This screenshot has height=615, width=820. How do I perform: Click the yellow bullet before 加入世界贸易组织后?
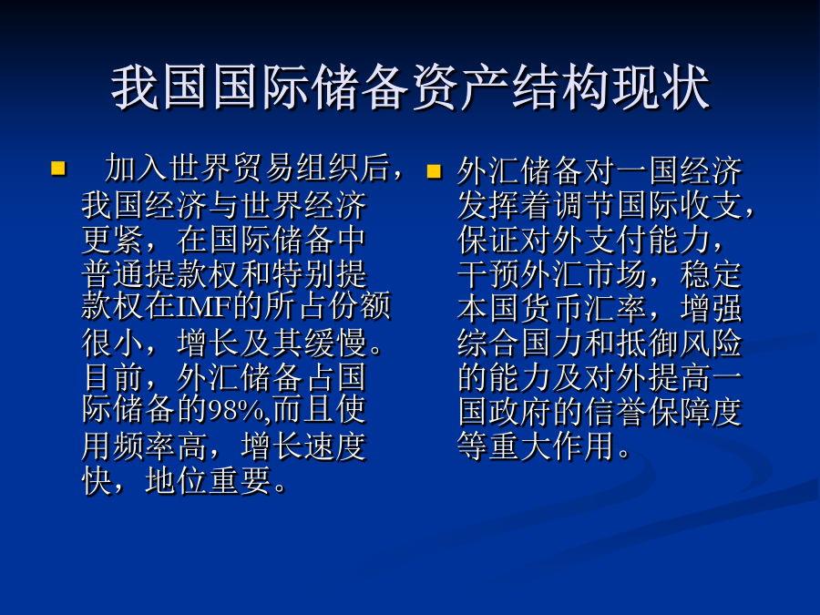coord(58,169)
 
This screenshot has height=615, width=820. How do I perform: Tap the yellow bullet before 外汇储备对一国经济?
coord(434,171)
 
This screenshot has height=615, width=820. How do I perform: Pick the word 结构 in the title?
coord(561,87)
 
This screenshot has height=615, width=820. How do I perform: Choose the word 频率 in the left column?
coord(145,446)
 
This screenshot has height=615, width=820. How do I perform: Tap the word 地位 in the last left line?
coord(177,480)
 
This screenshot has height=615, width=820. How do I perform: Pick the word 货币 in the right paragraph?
coord(553,309)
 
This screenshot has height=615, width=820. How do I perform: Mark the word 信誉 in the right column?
coord(617,412)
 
